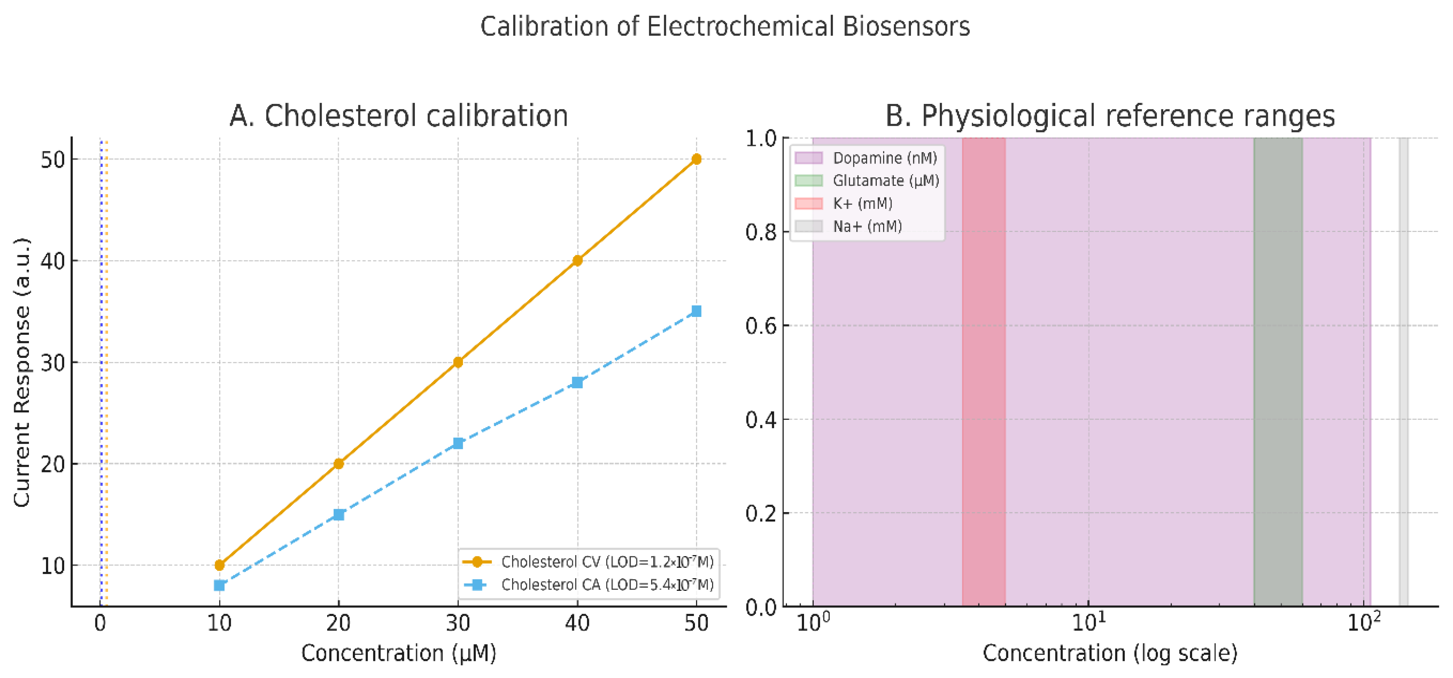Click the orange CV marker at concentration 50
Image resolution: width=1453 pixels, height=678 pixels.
coord(696,159)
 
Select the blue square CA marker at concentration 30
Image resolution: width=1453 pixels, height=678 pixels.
coord(458,443)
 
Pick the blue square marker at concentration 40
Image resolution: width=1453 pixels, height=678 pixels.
coord(577,383)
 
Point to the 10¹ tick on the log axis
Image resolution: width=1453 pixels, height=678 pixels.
coord(1089,622)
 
